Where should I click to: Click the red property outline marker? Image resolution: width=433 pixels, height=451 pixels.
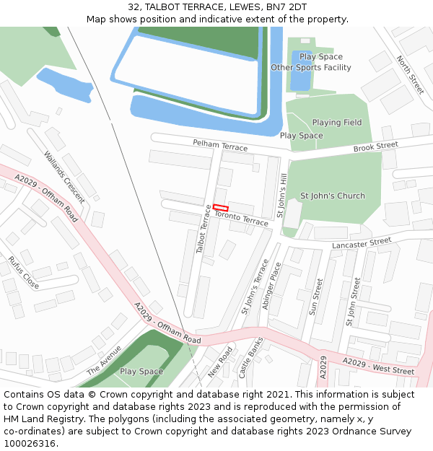(220, 208)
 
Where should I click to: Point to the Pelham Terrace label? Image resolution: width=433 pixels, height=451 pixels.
(220, 146)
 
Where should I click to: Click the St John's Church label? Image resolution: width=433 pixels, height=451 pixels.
(332, 196)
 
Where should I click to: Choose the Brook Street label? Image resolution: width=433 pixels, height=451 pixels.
(375, 146)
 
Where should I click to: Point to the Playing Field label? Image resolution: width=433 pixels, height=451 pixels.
(337, 123)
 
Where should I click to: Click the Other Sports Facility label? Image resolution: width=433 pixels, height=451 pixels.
(310, 68)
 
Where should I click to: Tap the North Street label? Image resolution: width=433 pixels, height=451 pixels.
(410, 75)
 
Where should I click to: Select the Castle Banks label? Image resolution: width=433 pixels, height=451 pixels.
(251, 358)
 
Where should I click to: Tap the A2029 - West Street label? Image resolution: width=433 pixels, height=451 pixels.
(378, 366)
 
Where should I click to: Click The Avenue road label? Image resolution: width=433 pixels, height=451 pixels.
(104, 359)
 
